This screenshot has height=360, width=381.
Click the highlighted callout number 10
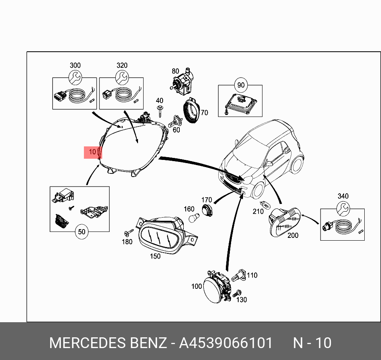[x=92, y=152]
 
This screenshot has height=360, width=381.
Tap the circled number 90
[x=241, y=85]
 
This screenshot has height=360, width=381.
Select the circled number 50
[x=82, y=232]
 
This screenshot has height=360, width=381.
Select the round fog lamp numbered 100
[x=215, y=287]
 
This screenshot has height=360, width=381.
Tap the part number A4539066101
[x=226, y=343]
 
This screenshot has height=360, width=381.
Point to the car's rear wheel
[x=296, y=163]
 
